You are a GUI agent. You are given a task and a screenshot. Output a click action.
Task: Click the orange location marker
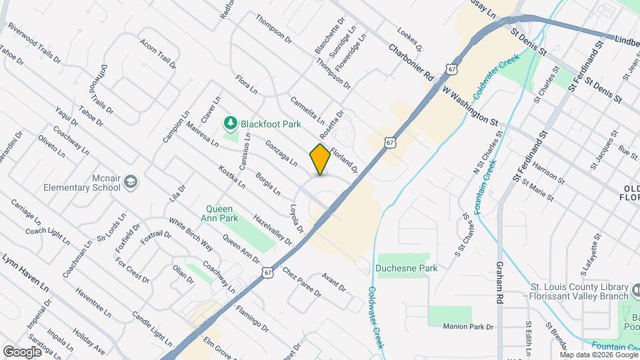pyautogui.click(x=320, y=159)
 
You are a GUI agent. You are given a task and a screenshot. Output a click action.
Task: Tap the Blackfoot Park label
pyautogui.click(x=271, y=124)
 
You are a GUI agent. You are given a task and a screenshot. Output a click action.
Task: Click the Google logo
pyautogui.click(x=22, y=351)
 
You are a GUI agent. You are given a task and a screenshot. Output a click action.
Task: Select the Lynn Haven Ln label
pyautogui.click(x=25, y=271)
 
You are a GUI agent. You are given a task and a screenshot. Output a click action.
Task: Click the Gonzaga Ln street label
pyautogui.click(x=281, y=152)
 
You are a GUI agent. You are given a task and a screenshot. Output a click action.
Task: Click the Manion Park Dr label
pyautogui.click(x=470, y=327)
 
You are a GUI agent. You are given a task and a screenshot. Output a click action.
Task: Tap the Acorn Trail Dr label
pyautogui.click(x=158, y=54)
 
